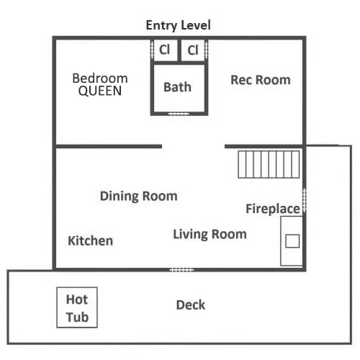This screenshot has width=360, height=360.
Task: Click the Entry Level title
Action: (x=179, y=25)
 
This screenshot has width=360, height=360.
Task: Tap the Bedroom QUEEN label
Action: (x=100, y=84)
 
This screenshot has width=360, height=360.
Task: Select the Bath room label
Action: (x=177, y=87)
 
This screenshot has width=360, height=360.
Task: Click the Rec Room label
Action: (x=261, y=80)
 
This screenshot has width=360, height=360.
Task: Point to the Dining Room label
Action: (x=139, y=196)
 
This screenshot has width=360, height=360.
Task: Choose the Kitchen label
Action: (x=91, y=240)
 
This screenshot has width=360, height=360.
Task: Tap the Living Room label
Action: (x=210, y=234)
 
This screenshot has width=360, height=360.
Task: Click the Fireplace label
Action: (x=273, y=209)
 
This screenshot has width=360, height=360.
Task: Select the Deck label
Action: (x=191, y=305)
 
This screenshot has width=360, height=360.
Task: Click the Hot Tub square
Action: (x=77, y=307)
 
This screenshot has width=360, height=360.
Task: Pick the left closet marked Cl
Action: (x=166, y=50)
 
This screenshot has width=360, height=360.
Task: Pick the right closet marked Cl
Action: (x=193, y=50)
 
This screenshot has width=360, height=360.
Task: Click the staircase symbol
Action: (x=269, y=164)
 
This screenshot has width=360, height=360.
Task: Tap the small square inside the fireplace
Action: (x=292, y=241)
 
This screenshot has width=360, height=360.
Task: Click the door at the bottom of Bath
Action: (x=179, y=114)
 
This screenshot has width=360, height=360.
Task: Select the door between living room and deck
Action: (x=181, y=270)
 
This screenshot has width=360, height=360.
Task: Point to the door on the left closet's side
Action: (x=152, y=50)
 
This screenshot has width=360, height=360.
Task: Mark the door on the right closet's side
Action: (x=207, y=50)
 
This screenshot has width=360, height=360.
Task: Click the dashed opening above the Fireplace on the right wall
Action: (x=305, y=200)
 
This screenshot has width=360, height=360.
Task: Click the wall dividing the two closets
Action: (x=179, y=50)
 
